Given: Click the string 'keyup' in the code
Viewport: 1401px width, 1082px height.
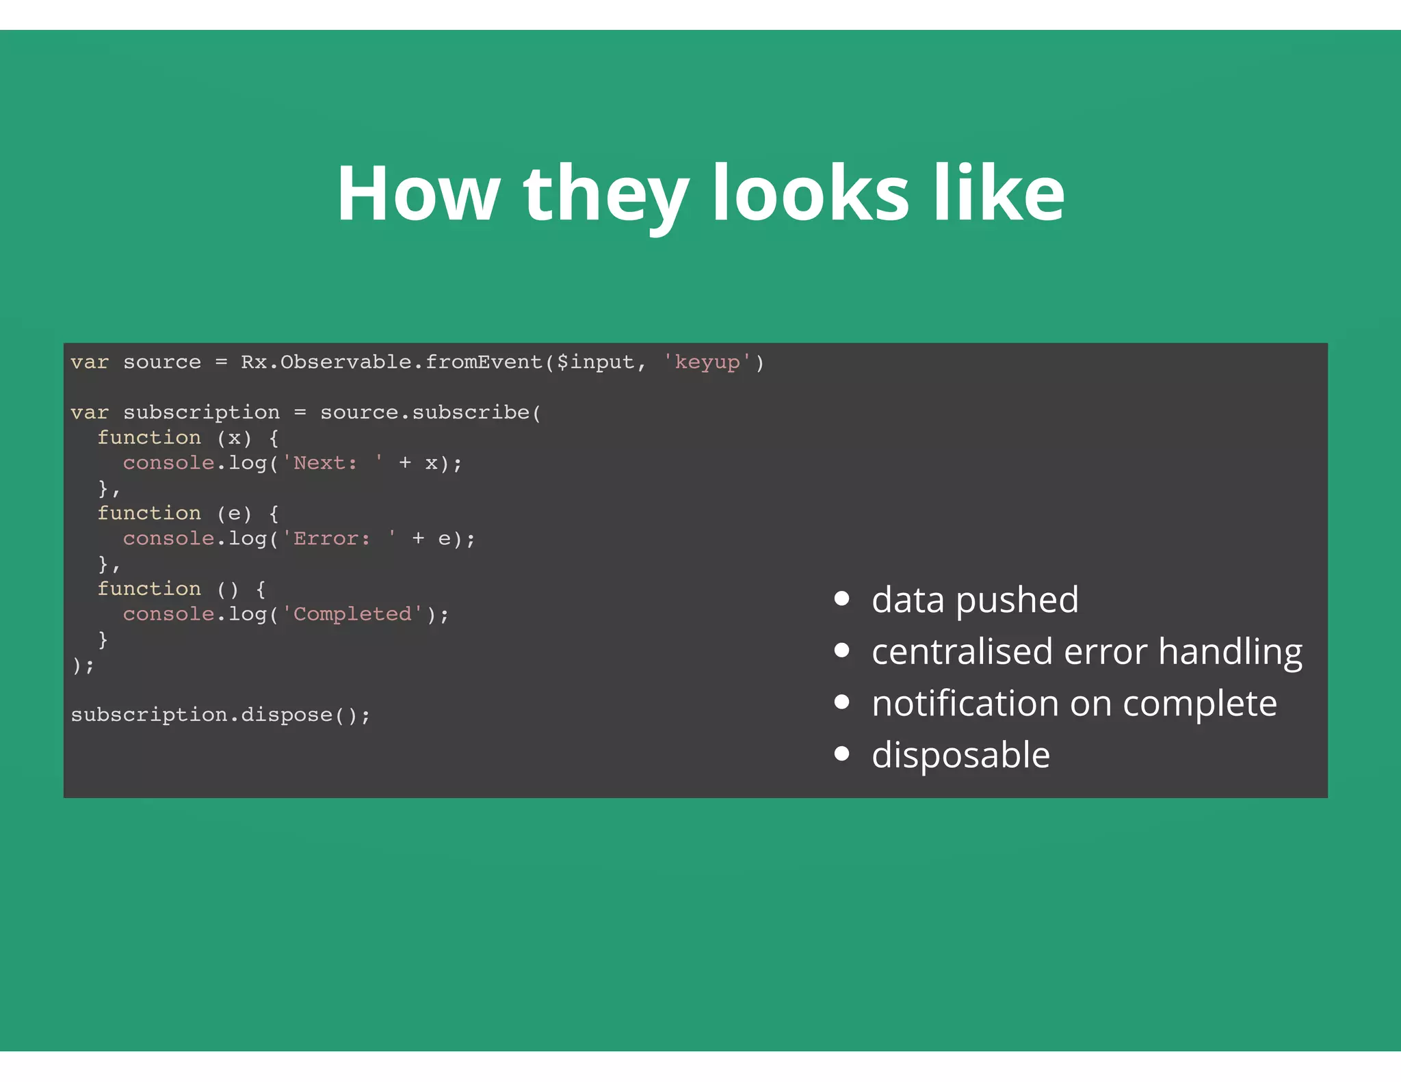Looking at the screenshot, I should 707,362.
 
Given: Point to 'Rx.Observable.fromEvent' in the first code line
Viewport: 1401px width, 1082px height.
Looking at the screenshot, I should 391,362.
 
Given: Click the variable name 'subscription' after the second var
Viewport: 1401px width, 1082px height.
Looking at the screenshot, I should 201,412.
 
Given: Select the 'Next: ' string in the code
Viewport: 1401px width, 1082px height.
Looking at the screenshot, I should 332,463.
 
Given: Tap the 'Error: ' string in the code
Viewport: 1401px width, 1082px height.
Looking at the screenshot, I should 339,539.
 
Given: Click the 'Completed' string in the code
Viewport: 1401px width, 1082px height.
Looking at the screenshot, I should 352,614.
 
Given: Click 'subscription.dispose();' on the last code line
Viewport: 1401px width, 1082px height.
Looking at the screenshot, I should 220,715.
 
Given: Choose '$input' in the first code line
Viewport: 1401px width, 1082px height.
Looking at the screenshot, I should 595,362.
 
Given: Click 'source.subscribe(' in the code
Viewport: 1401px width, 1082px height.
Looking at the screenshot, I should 430,412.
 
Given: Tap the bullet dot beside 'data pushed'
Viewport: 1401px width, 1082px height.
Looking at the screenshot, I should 842,599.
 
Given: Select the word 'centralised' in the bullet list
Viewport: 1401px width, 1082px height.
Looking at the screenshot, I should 962,651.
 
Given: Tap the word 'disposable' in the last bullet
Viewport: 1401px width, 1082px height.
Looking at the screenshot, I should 960,755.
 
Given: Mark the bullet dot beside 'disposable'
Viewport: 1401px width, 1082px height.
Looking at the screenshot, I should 842,754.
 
